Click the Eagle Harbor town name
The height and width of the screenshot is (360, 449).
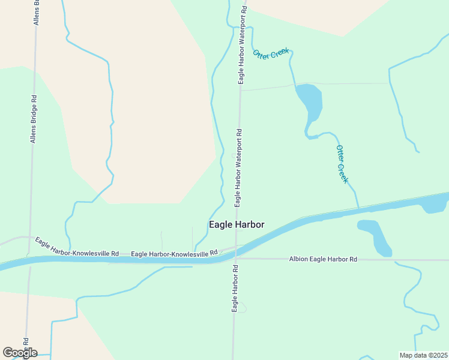tap(237, 225)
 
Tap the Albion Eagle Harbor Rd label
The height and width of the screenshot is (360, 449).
tap(323, 259)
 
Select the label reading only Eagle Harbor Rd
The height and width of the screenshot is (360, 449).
tap(234, 289)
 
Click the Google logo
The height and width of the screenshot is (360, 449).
tap(20, 353)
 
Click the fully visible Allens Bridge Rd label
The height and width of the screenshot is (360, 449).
tap(34, 119)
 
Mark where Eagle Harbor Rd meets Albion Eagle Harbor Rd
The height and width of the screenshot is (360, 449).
tap(235, 259)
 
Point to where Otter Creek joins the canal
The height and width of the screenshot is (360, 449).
tap(359, 209)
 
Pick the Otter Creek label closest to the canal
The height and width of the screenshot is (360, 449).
tap(342, 164)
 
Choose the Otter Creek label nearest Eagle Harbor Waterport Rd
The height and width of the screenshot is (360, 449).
tap(271, 53)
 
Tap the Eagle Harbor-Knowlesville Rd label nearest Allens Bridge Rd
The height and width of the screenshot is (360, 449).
tap(77, 247)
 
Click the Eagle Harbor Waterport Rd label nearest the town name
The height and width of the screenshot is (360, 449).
tap(238, 168)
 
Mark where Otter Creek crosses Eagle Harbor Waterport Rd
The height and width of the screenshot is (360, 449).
tap(243, 27)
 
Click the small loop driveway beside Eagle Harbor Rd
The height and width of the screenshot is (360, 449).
tap(241, 308)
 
